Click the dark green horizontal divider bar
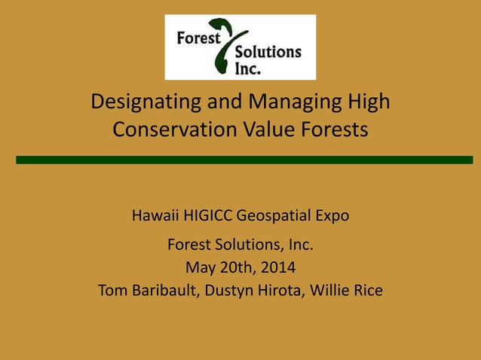click(244, 160)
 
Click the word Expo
click(332, 216)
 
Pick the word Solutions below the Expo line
click(240, 245)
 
